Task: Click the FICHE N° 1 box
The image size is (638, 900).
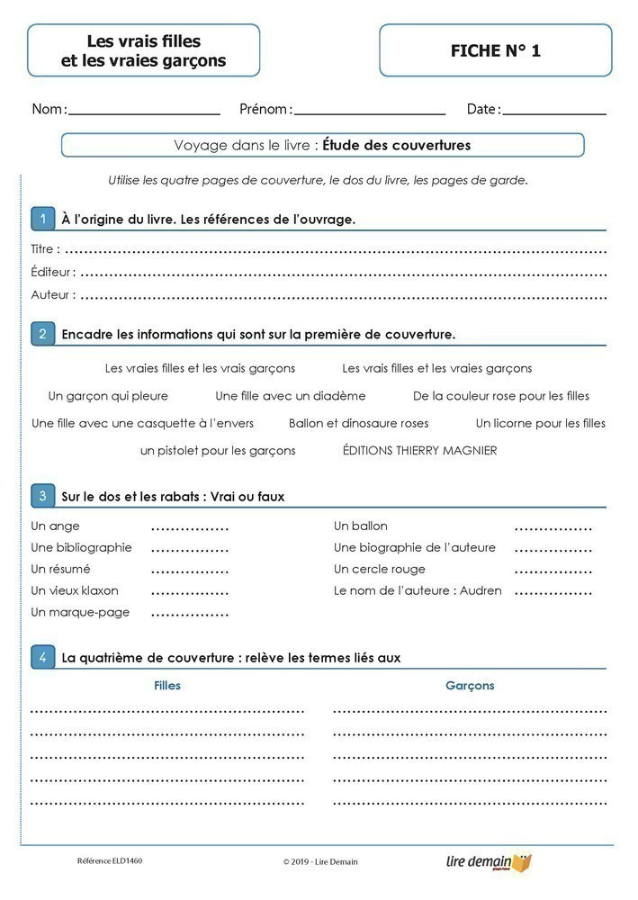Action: pyautogui.click(x=495, y=51)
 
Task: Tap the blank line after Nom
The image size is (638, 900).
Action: pyautogui.click(x=144, y=113)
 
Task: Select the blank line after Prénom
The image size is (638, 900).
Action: pyautogui.click(x=370, y=113)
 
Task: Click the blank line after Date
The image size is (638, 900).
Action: pyautogui.click(x=554, y=113)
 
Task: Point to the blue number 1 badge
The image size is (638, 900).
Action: pyautogui.click(x=42, y=219)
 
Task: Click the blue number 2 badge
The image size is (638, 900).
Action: pyautogui.click(x=42, y=334)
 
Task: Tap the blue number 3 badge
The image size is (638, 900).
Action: pyautogui.click(x=42, y=496)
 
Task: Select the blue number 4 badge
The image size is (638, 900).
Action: pyautogui.click(x=42, y=657)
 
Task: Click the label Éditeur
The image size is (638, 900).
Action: pyautogui.click(x=52, y=272)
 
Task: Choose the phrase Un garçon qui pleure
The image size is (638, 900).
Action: pyautogui.click(x=108, y=396)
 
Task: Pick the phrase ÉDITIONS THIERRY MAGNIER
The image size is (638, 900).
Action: pyautogui.click(x=419, y=451)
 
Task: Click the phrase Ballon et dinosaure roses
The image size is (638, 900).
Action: pyautogui.click(x=358, y=423)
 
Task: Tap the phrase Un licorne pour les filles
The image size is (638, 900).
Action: pyautogui.click(x=540, y=423)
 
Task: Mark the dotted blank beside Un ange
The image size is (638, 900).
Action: pyautogui.click(x=190, y=527)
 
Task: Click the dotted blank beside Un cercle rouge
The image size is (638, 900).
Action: pyautogui.click(x=553, y=571)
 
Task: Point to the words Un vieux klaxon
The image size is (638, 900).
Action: pyautogui.click(x=75, y=590)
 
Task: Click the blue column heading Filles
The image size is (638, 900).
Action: pyautogui.click(x=167, y=686)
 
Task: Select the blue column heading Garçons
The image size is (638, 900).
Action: pyautogui.click(x=470, y=686)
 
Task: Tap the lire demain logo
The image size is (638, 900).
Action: pyautogui.click(x=489, y=862)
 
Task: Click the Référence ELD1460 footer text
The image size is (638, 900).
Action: pyautogui.click(x=110, y=861)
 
